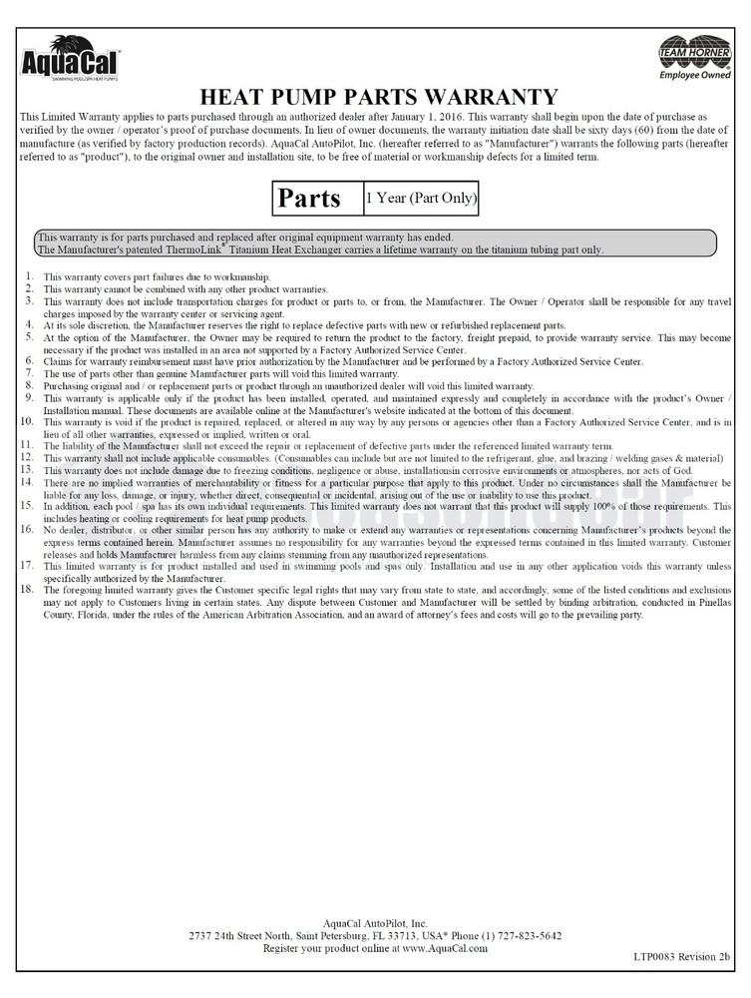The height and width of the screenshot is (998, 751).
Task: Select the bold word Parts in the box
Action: [x=309, y=198]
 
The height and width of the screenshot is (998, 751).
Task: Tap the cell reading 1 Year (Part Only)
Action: [x=420, y=198]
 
